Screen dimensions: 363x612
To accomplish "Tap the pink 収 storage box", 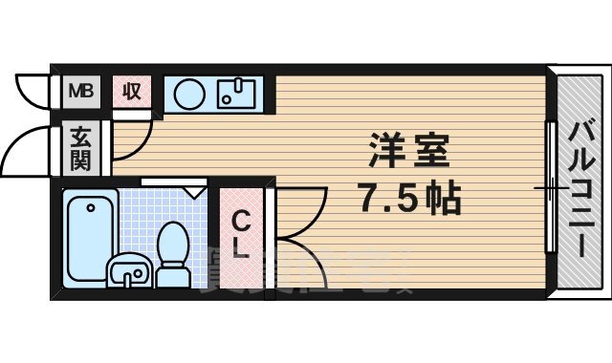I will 131,92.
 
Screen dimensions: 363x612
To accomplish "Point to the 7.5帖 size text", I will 409,199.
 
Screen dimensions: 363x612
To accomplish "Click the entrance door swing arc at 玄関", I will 29,153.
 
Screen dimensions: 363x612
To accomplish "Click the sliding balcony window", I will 550,187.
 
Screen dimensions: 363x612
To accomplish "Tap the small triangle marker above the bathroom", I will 196,192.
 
